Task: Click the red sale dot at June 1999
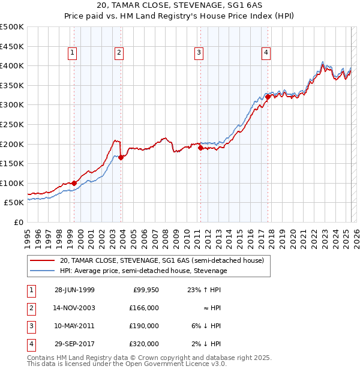(74, 183)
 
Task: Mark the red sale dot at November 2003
(121, 157)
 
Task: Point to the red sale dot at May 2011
(200, 148)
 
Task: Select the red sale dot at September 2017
(268, 97)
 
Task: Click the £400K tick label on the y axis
(12, 65)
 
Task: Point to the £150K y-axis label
(12, 163)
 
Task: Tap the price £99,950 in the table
(145, 290)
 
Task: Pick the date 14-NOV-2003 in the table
(74, 308)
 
